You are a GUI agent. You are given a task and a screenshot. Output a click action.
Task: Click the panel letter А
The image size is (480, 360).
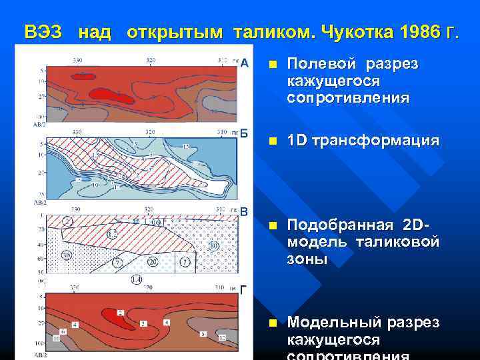pos(245,63)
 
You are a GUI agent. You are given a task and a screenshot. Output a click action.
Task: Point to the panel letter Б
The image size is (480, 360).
pos(245,133)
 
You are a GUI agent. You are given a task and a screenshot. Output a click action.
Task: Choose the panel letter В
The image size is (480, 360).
pos(245,212)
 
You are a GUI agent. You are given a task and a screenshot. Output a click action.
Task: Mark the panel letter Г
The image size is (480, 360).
pos(245,290)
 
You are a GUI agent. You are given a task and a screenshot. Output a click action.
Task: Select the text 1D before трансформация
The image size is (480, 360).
pos(297,141)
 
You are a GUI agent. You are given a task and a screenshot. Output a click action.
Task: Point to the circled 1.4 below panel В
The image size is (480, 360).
pos(137,279)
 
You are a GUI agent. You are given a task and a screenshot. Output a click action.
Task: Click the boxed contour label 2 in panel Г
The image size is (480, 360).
pos(121,313)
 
